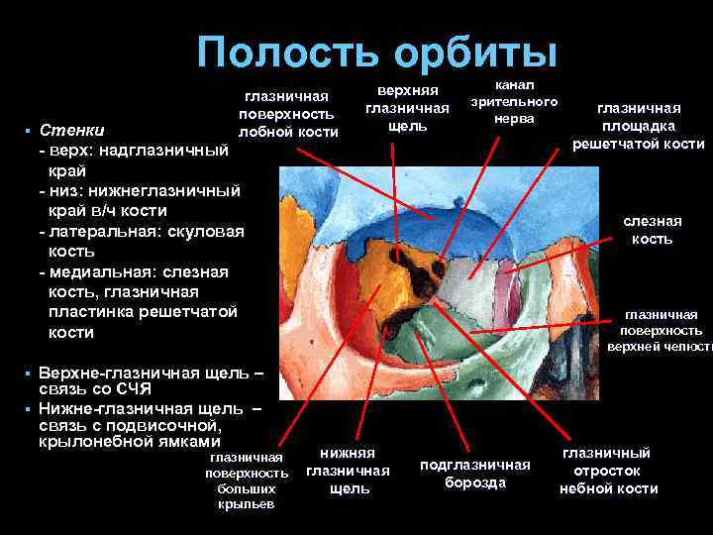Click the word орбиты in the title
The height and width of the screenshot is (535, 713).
(473, 52)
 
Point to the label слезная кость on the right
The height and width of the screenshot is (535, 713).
(652, 230)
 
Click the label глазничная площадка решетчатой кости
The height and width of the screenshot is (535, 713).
(638, 126)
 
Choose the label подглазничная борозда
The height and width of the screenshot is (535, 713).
(475, 473)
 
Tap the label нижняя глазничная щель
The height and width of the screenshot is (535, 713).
(349, 471)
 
